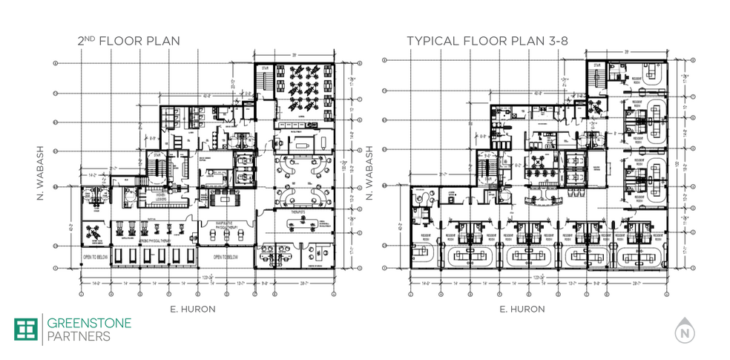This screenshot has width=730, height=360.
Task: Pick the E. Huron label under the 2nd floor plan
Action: [x=194, y=308]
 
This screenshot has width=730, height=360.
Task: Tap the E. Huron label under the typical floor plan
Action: [x=522, y=308]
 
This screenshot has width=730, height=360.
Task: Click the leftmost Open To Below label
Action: [x=98, y=258]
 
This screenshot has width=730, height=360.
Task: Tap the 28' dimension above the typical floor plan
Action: [x=628, y=52]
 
